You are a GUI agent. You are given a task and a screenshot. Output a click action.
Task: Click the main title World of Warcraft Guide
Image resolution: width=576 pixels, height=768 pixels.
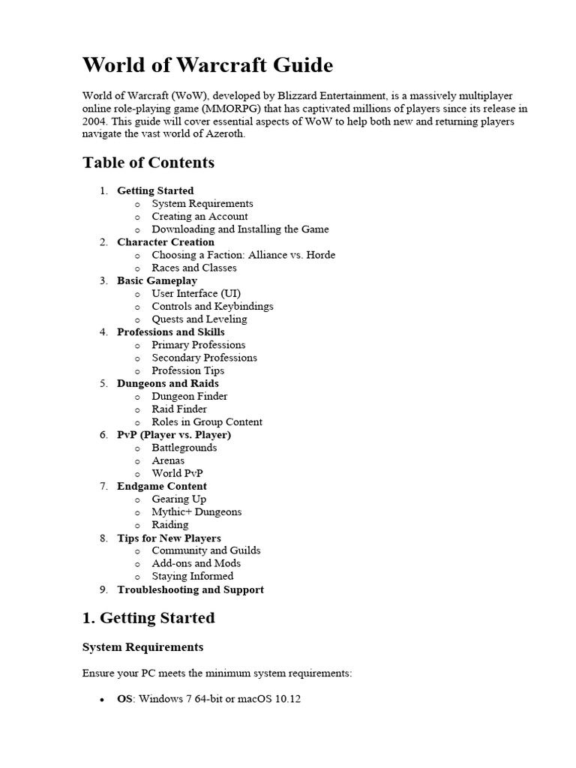tap(207, 65)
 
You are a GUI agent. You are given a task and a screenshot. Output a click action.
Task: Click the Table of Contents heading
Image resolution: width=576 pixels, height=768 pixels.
tap(148, 163)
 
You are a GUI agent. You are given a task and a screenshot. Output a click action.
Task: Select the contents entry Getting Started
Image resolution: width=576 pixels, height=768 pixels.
tap(155, 190)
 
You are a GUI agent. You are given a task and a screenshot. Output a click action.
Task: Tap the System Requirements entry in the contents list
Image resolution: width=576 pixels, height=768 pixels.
tap(202, 203)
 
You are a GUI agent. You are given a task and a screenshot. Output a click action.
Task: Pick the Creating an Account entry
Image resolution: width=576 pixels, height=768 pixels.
tap(199, 216)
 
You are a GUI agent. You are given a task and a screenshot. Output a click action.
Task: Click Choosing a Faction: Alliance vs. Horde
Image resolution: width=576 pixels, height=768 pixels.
tap(243, 255)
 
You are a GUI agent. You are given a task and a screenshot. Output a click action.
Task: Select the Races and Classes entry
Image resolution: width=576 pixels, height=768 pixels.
tap(194, 268)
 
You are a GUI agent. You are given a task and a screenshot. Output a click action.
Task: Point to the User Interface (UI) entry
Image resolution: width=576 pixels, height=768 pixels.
tap(196, 293)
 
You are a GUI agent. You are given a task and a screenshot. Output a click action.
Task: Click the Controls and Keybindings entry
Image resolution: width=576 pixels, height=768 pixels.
tap(212, 306)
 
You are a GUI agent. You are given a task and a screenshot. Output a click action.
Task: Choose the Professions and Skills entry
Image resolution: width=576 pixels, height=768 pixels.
tap(170, 331)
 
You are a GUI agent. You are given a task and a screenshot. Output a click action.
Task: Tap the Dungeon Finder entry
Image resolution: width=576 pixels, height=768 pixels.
tap(190, 396)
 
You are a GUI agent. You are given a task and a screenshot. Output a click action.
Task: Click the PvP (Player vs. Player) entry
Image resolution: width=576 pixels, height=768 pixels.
tap(174, 434)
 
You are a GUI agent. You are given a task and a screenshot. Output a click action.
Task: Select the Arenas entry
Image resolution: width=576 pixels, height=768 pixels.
tap(168, 460)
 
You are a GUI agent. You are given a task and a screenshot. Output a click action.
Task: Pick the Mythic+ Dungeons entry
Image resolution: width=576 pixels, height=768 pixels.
tap(196, 511)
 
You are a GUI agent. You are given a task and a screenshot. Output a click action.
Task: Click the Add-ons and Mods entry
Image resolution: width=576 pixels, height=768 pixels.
tap(196, 563)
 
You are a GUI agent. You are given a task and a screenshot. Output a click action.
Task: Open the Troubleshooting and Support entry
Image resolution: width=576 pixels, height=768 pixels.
tap(190, 589)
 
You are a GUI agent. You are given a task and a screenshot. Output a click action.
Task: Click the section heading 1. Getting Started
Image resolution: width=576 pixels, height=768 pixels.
tap(148, 618)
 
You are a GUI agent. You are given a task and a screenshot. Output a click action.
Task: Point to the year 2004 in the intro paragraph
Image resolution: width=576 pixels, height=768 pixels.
tap(94, 121)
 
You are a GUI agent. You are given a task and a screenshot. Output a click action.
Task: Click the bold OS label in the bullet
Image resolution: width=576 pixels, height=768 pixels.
tap(124, 699)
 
